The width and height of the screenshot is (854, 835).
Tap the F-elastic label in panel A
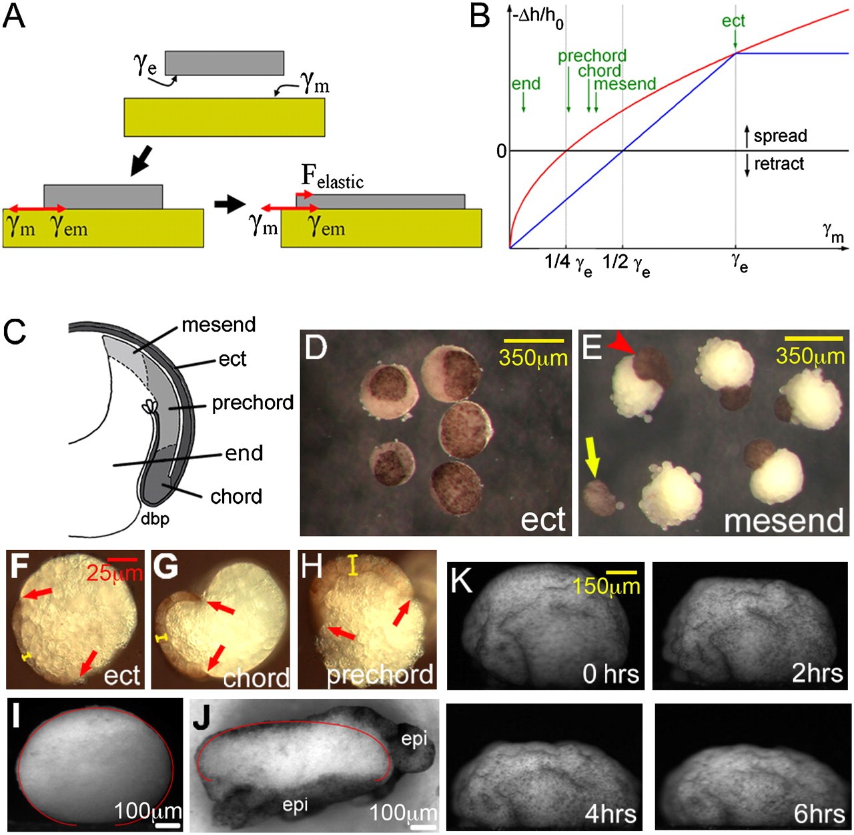[x=332, y=178]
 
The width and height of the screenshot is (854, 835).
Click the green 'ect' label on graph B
[x=733, y=21]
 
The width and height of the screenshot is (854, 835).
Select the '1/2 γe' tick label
[x=626, y=265]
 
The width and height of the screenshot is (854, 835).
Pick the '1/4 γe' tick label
[x=568, y=265]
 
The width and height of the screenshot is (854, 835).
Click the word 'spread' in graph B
[x=780, y=136]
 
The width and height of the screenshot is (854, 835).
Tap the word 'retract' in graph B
[x=779, y=164]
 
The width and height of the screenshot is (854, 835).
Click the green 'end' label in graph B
[x=526, y=83]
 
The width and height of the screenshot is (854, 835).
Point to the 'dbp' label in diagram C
[x=155, y=519]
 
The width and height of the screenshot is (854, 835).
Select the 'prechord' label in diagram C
[x=253, y=403]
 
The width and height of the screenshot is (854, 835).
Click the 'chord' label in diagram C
[x=236, y=496]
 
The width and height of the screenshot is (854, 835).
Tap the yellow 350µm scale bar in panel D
[x=533, y=340]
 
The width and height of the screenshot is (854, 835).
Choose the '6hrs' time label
[x=819, y=814]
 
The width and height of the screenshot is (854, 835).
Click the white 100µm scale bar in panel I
[x=167, y=826]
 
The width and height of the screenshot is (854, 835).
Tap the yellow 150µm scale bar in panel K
[x=621, y=572]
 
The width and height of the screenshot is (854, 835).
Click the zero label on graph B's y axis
[x=501, y=151]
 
